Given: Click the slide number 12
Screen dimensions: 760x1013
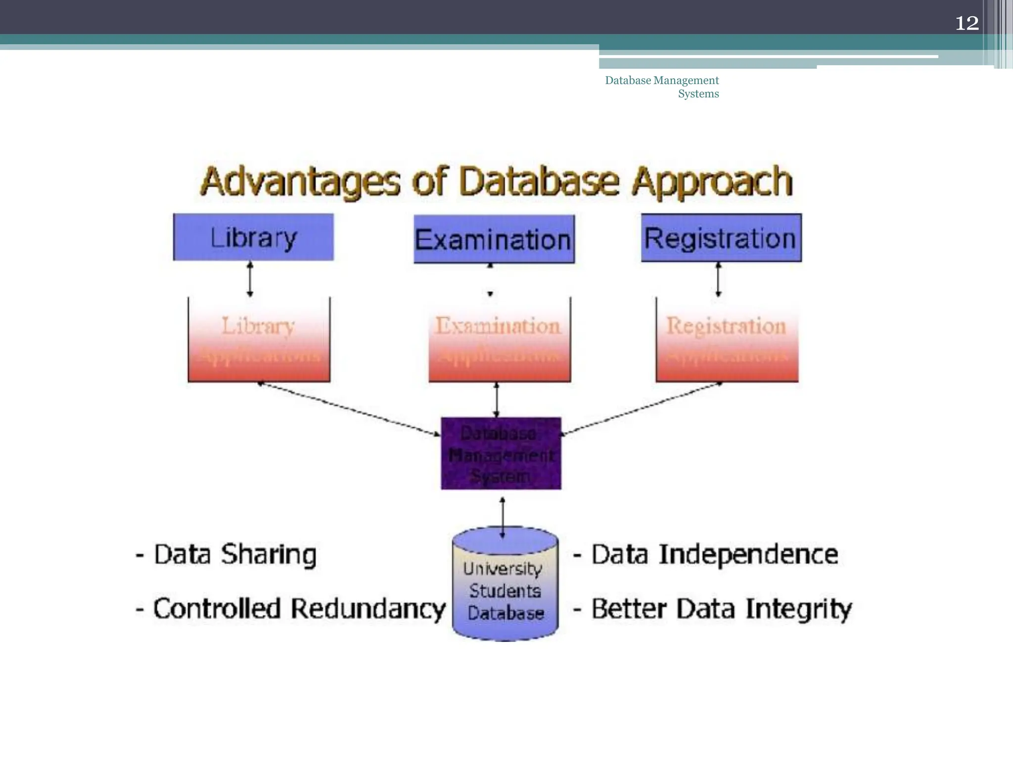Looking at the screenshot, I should (967, 23).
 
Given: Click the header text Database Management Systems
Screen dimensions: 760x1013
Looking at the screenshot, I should (662, 87).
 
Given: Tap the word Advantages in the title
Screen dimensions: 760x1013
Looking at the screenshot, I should (300, 182).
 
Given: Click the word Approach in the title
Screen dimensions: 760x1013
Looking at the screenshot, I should (712, 182).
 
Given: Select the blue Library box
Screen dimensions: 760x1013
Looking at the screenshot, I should (253, 237).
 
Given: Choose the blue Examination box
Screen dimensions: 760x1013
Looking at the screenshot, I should (494, 239).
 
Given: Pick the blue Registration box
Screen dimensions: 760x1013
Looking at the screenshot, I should (721, 237).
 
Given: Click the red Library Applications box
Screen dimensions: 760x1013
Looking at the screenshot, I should (259, 340).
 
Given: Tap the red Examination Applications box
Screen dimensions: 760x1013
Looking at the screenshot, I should (499, 340).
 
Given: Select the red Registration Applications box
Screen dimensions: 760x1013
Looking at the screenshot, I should (727, 340).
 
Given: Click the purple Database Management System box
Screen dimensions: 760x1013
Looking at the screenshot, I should (501, 453).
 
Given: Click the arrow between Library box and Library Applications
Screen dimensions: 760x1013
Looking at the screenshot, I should (250, 280).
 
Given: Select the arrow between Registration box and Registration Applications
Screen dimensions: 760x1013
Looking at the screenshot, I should (718, 280).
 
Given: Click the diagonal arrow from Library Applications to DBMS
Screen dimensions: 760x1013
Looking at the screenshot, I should (349, 409).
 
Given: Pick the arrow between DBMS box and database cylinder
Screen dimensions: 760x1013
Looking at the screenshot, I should (503, 517).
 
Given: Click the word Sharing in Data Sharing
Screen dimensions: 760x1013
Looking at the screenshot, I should (268, 554).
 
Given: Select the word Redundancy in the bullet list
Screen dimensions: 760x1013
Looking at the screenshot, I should (368, 609).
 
